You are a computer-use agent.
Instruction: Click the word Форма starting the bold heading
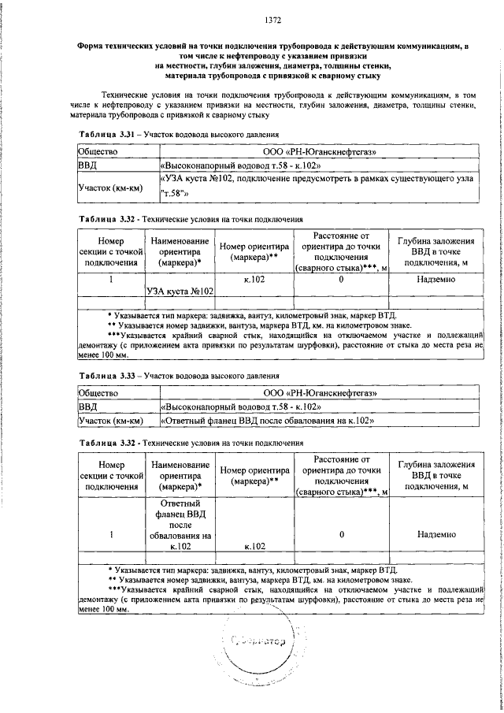pyautogui.click(x=93, y=46)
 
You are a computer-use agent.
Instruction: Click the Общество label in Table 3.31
pyautogui.click(x=98, y=151)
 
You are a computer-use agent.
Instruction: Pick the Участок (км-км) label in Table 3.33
pyautogui.click(x=109, y=421)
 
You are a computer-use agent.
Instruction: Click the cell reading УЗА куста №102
pyautogui.click(x=181, y=291)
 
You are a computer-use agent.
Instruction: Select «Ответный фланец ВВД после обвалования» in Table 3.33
pyautogui.click(x=266, y=421)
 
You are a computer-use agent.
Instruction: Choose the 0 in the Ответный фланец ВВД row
pyautogui.click(x=342, y=534)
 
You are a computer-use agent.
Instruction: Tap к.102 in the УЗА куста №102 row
pyautogui.click(x=254, y=279)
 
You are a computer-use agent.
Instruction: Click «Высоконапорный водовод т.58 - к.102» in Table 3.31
pyautogui.click(x=240, y=166)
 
